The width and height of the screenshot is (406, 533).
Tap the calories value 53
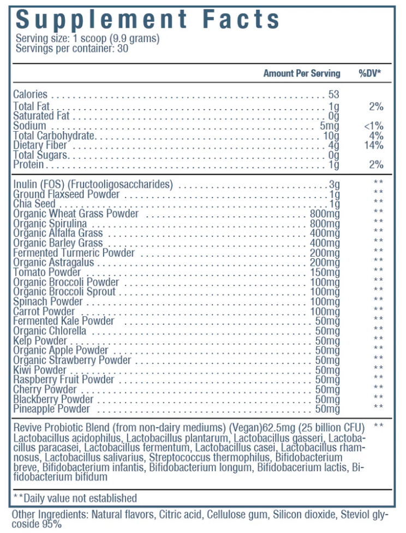pyautogui.click(x=334, y=94)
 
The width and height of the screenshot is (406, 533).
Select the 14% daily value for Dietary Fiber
pyautogui.click(x=374, y=145)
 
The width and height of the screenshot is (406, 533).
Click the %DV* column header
pyautogui.click(x=370, y=73)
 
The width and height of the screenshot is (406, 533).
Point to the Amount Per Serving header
pyautogui.click(x=302, y=73)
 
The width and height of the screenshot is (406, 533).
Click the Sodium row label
pyautogui.click(x=29, y=126)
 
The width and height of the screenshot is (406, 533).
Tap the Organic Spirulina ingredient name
pyautogui.click(x=50, y=223)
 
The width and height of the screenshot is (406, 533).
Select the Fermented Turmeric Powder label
pyautogui.click(x=74, y=253)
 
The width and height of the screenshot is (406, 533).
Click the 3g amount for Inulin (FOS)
pyautogui.click(x=334, y=184)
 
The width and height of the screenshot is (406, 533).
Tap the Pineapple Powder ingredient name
pyautogui.click(x=51, y=409)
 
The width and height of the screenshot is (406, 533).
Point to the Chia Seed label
pyautogui.click(x=34, y=204)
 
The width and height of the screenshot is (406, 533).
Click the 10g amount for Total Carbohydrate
pyautogui.click(x=331, y=135)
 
